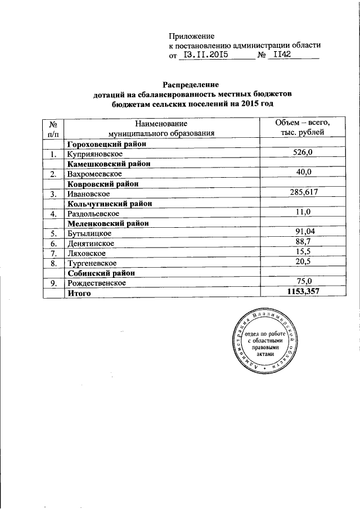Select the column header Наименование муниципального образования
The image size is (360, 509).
point(161,128)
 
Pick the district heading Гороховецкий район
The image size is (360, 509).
point(106,143)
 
